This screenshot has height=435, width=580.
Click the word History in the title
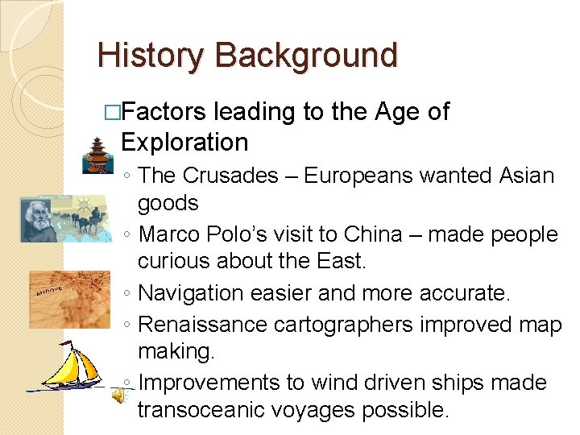(151, 56)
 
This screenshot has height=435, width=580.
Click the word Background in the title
(306, 56)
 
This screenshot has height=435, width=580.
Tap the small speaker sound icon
(118, 394)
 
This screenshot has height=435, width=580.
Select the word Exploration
(184, 143)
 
